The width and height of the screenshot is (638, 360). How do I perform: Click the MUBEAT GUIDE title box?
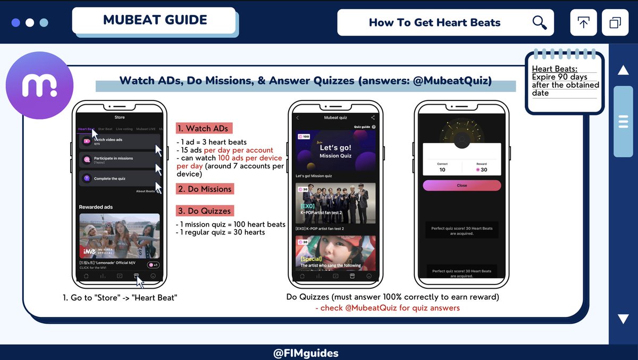point(155,21)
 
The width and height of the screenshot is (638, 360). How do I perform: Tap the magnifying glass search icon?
point(539,22)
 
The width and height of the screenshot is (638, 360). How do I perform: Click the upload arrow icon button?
point(583,23)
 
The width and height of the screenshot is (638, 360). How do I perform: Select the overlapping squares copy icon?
point(615,23)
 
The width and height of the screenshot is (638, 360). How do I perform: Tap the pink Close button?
point(461,186)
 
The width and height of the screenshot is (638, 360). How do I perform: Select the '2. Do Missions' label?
point(205,189)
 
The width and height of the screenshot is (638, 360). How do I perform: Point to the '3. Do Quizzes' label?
point(205,211)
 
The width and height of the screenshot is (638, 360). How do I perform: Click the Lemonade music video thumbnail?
point(119,236)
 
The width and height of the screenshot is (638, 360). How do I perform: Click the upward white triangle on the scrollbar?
point(623,70)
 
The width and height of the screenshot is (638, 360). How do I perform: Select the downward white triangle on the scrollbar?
point(623,319)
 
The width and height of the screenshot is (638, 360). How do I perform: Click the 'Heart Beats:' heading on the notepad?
point(555,69)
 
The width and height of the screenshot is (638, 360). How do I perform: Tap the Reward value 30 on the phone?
point(481,170)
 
